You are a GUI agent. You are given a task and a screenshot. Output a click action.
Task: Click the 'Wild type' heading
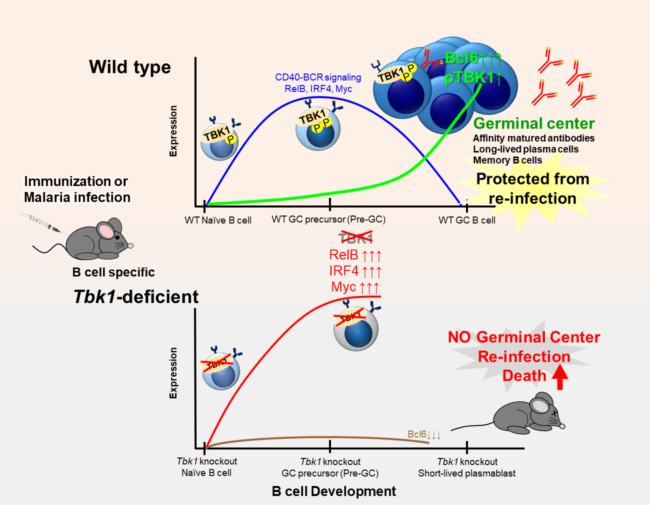point(130,67)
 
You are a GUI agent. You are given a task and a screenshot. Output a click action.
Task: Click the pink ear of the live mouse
point(106,230)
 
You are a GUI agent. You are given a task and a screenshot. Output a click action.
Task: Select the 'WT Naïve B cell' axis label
point(218,220)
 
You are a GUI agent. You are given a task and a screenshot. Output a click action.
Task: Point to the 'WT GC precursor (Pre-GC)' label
point(328,219)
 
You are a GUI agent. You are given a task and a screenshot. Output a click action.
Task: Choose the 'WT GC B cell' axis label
point(467,220)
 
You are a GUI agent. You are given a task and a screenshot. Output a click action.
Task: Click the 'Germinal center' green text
point(534,123)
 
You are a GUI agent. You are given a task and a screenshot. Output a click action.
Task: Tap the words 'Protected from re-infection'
point(532,188)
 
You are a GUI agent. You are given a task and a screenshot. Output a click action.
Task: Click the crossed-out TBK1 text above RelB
point(355,238)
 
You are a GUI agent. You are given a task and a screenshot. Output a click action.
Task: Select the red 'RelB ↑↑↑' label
point(355,255)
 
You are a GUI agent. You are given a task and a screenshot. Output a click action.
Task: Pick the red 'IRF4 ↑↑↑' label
point(355,271)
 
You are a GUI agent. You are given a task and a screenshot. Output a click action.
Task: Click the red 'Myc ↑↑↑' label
point(355,287)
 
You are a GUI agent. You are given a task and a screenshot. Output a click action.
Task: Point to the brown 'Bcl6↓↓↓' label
point(424,434)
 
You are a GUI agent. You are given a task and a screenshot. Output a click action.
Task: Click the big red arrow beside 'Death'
point(560,377)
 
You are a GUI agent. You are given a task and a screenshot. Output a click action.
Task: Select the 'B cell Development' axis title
point(333,491)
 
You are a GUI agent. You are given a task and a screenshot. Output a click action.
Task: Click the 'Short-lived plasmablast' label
point(466,473)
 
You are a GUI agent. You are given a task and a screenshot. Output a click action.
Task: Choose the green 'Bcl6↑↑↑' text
point(472,58)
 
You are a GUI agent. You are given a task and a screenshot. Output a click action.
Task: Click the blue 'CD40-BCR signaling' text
point(318,77)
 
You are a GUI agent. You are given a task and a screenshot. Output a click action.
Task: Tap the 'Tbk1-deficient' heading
point(136,297)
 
